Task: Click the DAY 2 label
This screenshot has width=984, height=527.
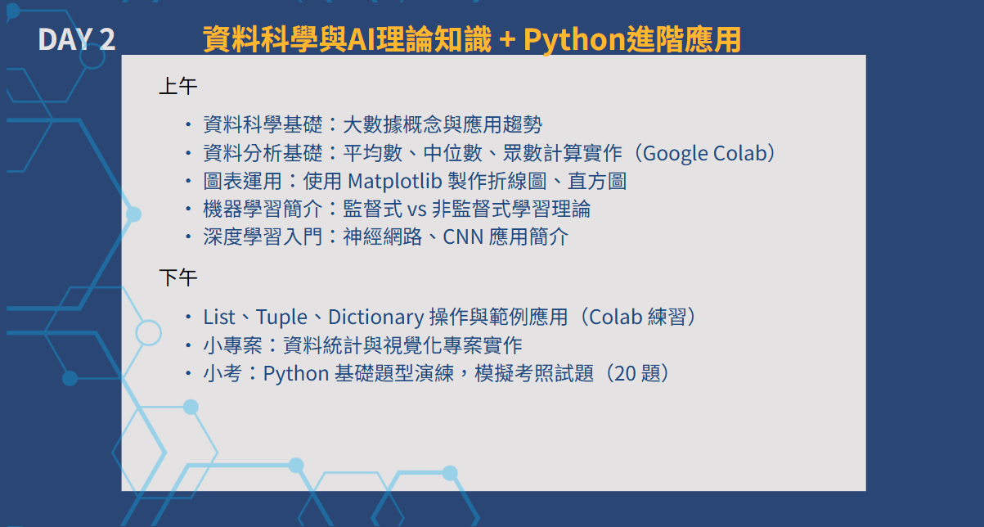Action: click(x=77, y=39)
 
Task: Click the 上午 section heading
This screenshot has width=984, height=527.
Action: click(x=178, y=86)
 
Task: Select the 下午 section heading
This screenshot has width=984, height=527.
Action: click(x=178, y=277)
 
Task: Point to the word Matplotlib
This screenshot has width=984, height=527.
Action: click(x=394, y=181)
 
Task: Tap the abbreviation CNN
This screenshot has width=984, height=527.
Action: click(x=463, y=237)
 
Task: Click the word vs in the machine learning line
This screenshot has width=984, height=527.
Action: click(x=417, y=209)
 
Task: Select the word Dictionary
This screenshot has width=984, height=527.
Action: click(x=376, y=318)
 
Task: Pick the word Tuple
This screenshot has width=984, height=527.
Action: click(x=281, y=318)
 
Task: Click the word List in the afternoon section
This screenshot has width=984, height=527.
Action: click(x=218, y=318)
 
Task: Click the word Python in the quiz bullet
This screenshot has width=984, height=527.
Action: click(x=296, y=374)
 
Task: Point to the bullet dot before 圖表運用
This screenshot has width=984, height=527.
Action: click(x=188, y=181)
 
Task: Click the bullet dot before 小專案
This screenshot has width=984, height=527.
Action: click(x=188, y=345)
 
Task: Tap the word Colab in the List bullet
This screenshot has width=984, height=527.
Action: click(x=615, y=318)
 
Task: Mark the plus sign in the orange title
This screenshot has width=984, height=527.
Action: click(x=507, y=39)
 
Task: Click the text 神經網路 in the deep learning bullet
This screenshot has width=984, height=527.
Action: click(x=382, y=237)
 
